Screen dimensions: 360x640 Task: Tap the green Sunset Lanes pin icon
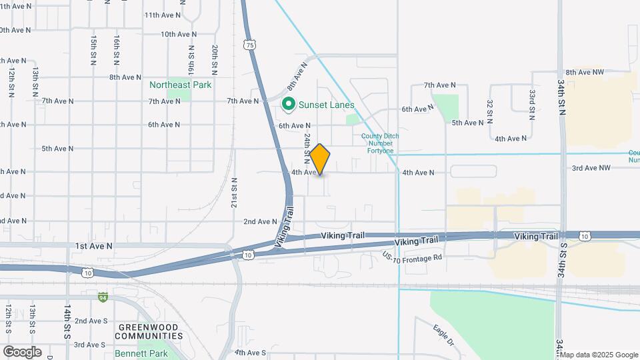coord(289,105)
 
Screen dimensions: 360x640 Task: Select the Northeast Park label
coord(180,85)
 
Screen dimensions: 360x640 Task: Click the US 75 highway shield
coord(249,45)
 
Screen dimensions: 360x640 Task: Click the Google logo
coord(22,352)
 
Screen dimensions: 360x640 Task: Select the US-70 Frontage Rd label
coord(412,257)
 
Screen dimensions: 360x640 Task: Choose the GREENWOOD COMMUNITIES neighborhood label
coord(150,331)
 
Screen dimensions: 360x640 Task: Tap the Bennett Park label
coord(141,353)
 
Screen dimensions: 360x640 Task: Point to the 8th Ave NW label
coord(585,72)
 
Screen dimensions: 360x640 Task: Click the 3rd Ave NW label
coord(590,169)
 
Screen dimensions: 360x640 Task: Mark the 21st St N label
coord(234,192)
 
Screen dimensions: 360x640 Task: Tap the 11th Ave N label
coord(162,15)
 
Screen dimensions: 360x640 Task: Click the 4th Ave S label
coord(250,352)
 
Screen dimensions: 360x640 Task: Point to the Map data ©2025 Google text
coord(599,354)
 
